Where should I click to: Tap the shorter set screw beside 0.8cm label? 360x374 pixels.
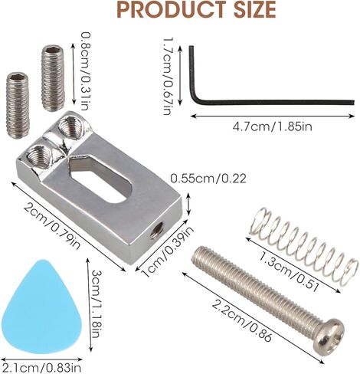coord(53,78)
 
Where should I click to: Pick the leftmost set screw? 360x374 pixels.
coord(18,105)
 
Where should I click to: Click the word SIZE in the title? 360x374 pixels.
coord(254,10)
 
